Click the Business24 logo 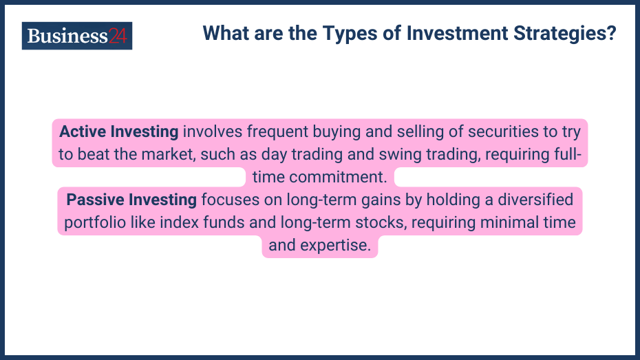pyautogui.click(x=77, y=36)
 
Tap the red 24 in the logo pyautogui.click(x=118, y=36)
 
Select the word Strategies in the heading pyautogui.click(x=567, y=33)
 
